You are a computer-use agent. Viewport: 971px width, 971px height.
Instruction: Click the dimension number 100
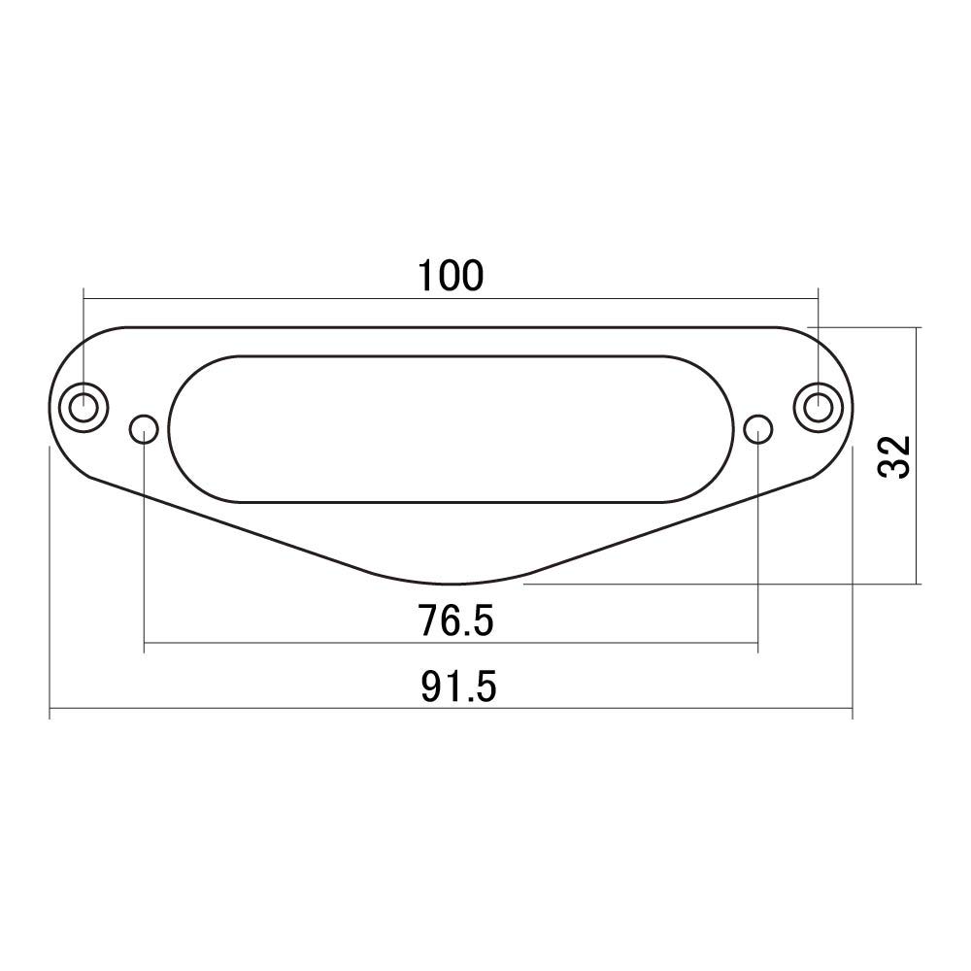point(451,276)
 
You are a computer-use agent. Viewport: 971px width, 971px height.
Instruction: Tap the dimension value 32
point(894,455)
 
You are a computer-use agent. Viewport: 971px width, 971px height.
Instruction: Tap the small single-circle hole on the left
point(144,427)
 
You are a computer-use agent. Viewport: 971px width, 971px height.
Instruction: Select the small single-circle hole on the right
point(758,427)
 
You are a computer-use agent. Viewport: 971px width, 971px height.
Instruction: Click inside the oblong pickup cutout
point(452,427)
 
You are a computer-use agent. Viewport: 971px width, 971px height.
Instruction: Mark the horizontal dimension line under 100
point(291,299)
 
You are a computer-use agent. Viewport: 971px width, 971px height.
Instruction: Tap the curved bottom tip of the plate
point(452,585)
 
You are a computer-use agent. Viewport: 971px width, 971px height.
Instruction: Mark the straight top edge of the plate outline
point(452,327)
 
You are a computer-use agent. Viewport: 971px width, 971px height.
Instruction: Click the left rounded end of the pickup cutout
point(170,427)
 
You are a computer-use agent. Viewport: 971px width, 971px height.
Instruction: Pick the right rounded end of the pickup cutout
point(734,427)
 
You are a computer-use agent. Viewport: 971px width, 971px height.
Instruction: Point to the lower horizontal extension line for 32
point(719,585)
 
